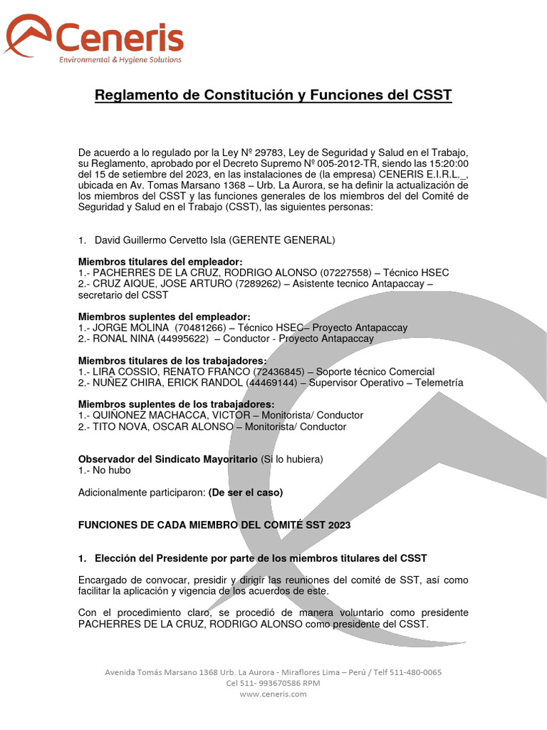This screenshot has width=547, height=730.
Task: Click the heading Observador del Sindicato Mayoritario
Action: pos(167,459)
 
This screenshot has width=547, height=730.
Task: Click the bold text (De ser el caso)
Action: pos(245,493)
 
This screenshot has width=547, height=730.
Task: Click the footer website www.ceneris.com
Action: pos(273,694)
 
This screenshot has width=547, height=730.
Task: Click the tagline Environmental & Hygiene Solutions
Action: pos(120,60)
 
